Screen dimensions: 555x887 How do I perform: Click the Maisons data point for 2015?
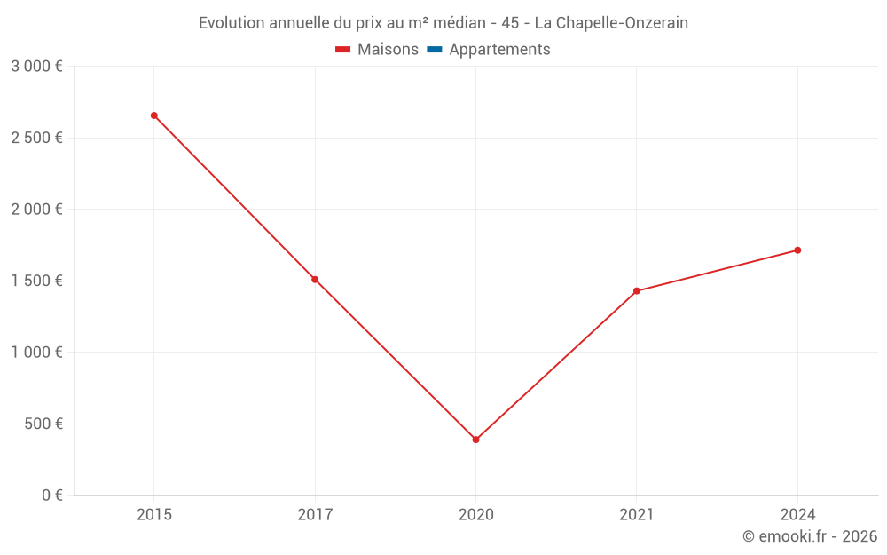154,115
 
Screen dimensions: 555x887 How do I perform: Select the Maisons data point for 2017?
315,280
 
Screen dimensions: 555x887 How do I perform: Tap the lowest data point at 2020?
475,440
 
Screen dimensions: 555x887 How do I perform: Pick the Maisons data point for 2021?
637,291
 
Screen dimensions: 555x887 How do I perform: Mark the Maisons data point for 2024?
797,250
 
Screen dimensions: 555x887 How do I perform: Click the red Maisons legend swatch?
343,50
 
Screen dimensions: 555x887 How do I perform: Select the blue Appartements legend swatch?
435,50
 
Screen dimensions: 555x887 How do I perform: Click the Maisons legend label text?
388,50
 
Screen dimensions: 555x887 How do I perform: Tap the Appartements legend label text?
499,50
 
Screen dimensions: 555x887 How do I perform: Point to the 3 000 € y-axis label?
36,67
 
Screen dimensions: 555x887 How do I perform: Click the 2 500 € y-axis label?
36,138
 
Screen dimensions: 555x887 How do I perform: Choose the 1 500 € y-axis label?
36,281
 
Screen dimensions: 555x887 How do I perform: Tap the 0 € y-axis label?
52,496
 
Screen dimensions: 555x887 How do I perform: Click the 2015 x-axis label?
154,515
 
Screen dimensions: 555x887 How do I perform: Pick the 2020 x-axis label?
475,515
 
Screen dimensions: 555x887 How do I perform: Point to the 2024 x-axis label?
797,515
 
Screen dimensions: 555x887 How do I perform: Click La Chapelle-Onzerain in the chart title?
611,23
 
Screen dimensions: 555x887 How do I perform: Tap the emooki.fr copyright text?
810,536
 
